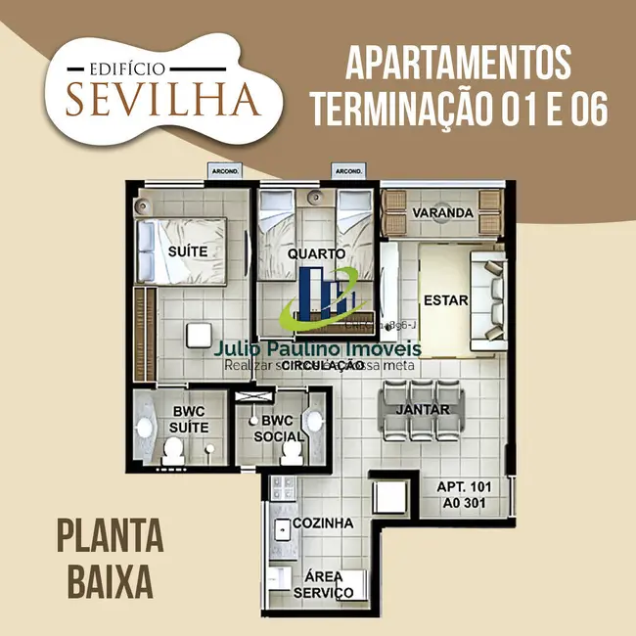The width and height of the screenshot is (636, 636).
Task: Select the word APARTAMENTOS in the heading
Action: [458, 64]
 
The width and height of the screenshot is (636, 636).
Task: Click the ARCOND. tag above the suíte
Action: [221, 172]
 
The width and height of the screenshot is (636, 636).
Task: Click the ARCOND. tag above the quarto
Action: [349, 172]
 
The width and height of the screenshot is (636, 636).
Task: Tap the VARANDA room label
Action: [443, 213]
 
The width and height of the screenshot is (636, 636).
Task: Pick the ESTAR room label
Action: [446, 300]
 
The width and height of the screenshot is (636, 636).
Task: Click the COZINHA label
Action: [324, 523]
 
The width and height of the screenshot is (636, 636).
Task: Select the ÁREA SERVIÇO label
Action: [324, 584]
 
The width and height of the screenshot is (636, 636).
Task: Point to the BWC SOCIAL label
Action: [271, 429]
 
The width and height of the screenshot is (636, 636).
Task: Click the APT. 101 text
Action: [464, 487]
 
